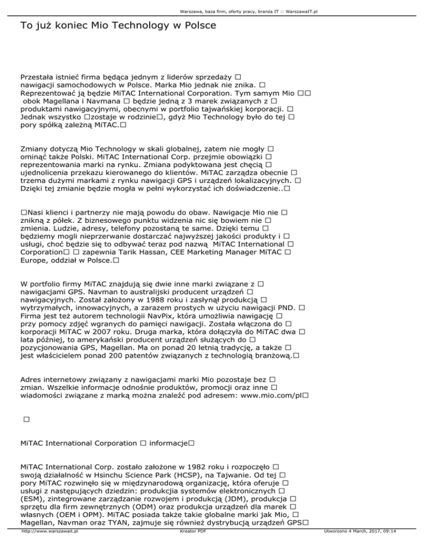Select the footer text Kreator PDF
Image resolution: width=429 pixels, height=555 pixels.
[187, 548]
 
